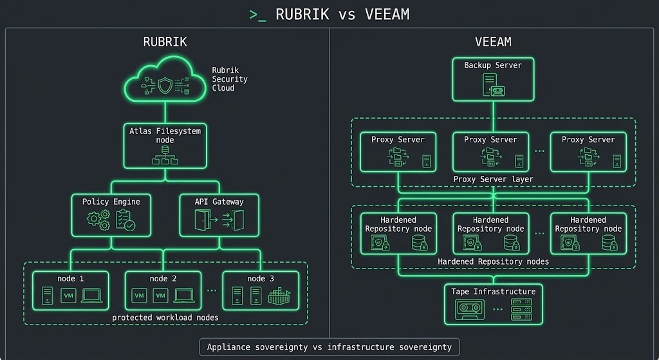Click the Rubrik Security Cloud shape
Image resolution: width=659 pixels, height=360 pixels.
pyautogui.click(x=165, y=81)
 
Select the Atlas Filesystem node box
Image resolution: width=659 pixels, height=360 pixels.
pyautogui.click(x=165, y=146)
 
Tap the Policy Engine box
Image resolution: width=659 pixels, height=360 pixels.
pyautogui.click(x=111, y=214)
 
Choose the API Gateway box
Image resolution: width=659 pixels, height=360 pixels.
pyautogui.click(x=219, y=214)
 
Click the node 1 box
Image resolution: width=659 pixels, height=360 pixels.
pyautogui.click(x=71, y=290)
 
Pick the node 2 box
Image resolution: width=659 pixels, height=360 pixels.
pyautogui.click(x=163, y=290)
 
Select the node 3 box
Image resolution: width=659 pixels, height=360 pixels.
pyautogui.click(x=260, y=290)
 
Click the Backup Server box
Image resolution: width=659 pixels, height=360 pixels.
pyautogui.click(x=493, y=79)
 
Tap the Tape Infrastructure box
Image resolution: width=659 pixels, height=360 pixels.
pyautogui.click(x=493, y=304)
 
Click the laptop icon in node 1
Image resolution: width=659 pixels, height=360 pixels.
pyautogui.click(x=91, y=296)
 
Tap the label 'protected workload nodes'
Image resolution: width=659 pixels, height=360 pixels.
pyautogui.click(x=165, y=317)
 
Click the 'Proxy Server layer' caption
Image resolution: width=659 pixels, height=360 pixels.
pyautogui.click(x=493, y=179)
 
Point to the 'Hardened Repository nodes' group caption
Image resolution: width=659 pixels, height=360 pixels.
pyautogui.click(x=493, y=261)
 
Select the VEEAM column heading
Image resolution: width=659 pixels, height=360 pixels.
pyautogui.click(x=493, y=42)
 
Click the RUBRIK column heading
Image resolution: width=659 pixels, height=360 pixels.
pyautogui.click(x=165, y=42)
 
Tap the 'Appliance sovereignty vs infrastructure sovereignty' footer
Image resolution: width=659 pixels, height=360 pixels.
pyautogui.click(x=329, y=347)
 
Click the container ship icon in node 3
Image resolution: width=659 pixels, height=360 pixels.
pyautogui.click(x=278, y=296)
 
